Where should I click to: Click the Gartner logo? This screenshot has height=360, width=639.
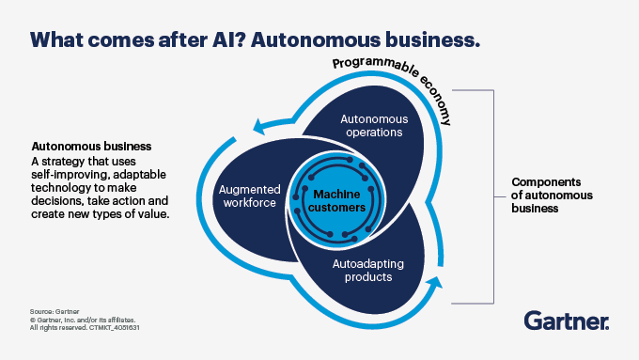pos(567,321)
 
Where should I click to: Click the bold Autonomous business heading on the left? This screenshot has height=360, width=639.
pos(92,148)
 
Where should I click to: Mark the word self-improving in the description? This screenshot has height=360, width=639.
pos(76,176)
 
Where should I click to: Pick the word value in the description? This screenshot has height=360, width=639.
pos(152,214)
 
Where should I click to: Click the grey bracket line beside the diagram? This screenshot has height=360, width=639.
pos(492,196)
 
